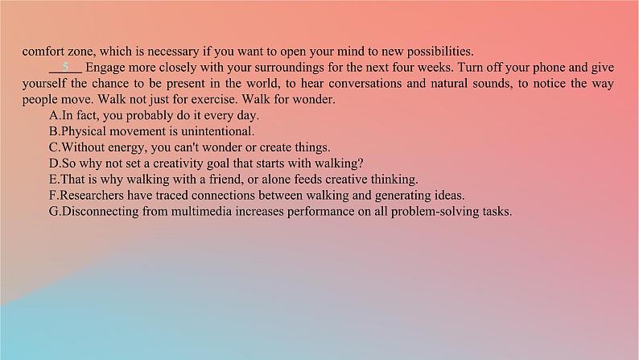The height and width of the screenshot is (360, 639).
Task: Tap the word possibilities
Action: [440, 52]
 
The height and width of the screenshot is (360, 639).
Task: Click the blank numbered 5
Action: [65, 68]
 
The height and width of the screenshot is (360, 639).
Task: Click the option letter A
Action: [54, 115]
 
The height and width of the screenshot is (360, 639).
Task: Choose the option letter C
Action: [54, 147]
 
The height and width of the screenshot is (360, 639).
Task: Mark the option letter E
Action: [53, 180]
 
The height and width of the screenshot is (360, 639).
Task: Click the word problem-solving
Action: [435, 212]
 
